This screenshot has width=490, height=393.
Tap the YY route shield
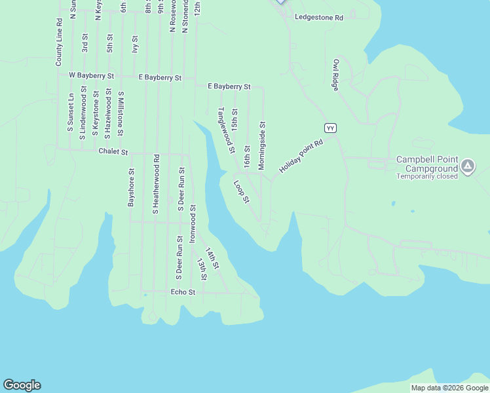[x=331, y=128]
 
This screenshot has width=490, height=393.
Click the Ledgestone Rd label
[x=319, y=17]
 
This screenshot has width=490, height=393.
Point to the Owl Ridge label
[x=336, y=74]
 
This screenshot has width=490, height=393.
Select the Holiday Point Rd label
[x=301, y=157]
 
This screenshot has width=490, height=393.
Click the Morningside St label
[x=262, y=145]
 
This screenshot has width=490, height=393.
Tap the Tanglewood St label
[x=226, y=130]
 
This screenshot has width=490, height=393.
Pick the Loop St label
[x=242, y=192]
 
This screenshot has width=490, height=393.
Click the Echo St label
[x=183, y=292]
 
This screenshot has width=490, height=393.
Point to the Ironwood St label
[x=193, y=224]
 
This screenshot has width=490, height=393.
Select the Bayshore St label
[x=131, y=188]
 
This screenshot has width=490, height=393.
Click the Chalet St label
[x=113, y=151]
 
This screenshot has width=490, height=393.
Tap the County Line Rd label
[x=59, y=42]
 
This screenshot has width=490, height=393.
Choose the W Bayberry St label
[x=91, y=75]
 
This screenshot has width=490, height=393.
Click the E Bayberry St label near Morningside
[x=229, y=86]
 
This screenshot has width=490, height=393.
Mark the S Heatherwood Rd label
[x=156, y=184]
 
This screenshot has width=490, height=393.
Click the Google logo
[x=22, y=385]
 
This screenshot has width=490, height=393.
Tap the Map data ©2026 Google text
[x=449, y=388]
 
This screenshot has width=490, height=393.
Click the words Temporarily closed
[x=426, y=176]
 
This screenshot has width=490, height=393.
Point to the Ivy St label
[x=135, y=44]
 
